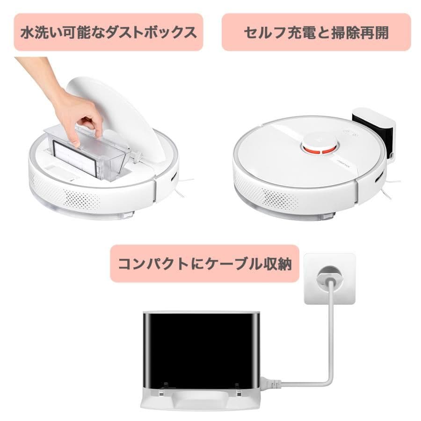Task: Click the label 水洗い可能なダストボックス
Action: [x=109, y=32]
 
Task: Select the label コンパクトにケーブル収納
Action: [x=205, y=263]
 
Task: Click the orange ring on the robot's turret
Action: [x=319, y=149]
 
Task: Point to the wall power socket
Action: [x=330, y=279]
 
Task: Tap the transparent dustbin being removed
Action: [x=88, y=150]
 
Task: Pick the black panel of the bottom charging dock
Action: [x=201, y=352]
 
